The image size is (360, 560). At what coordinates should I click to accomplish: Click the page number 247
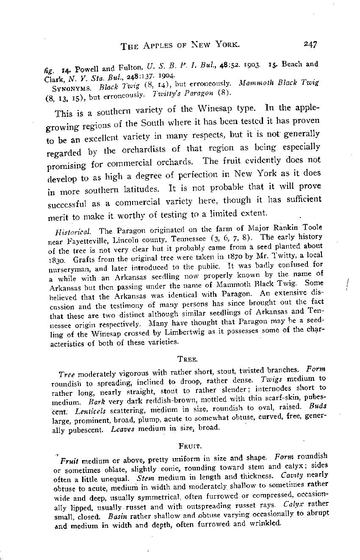coord(310,44)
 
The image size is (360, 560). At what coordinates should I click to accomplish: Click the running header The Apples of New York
coord(180,45)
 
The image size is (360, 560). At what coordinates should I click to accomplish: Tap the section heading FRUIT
coord(187,446)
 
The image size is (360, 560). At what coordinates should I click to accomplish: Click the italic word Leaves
coord(123,428)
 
